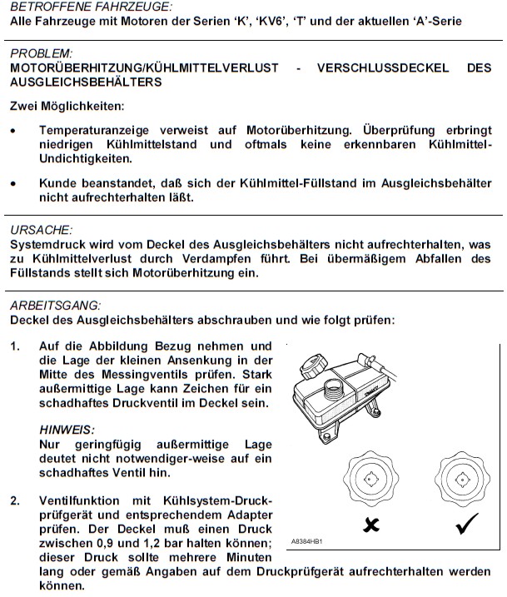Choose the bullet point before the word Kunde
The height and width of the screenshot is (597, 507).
tap(13, 183)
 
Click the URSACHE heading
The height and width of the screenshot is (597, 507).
tap(41, 230)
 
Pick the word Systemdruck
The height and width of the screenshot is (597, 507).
tap(47, 245)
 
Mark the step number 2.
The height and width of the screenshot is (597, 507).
tap(15, 501)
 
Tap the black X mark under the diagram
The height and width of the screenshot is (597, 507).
tap(370, 525)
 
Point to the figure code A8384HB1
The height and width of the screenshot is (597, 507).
tap(307, 542)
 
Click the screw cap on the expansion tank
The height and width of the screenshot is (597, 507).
tap(316, 366)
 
